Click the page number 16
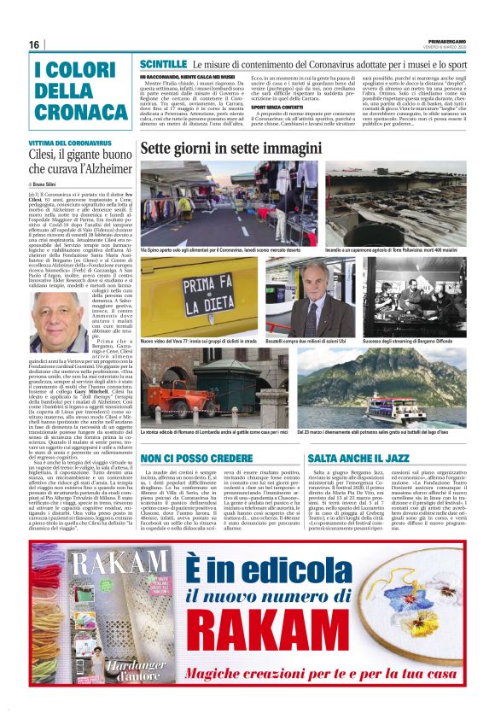point(34,45)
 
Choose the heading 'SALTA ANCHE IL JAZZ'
point(359,459)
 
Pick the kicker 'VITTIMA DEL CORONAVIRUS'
point(69,143)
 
